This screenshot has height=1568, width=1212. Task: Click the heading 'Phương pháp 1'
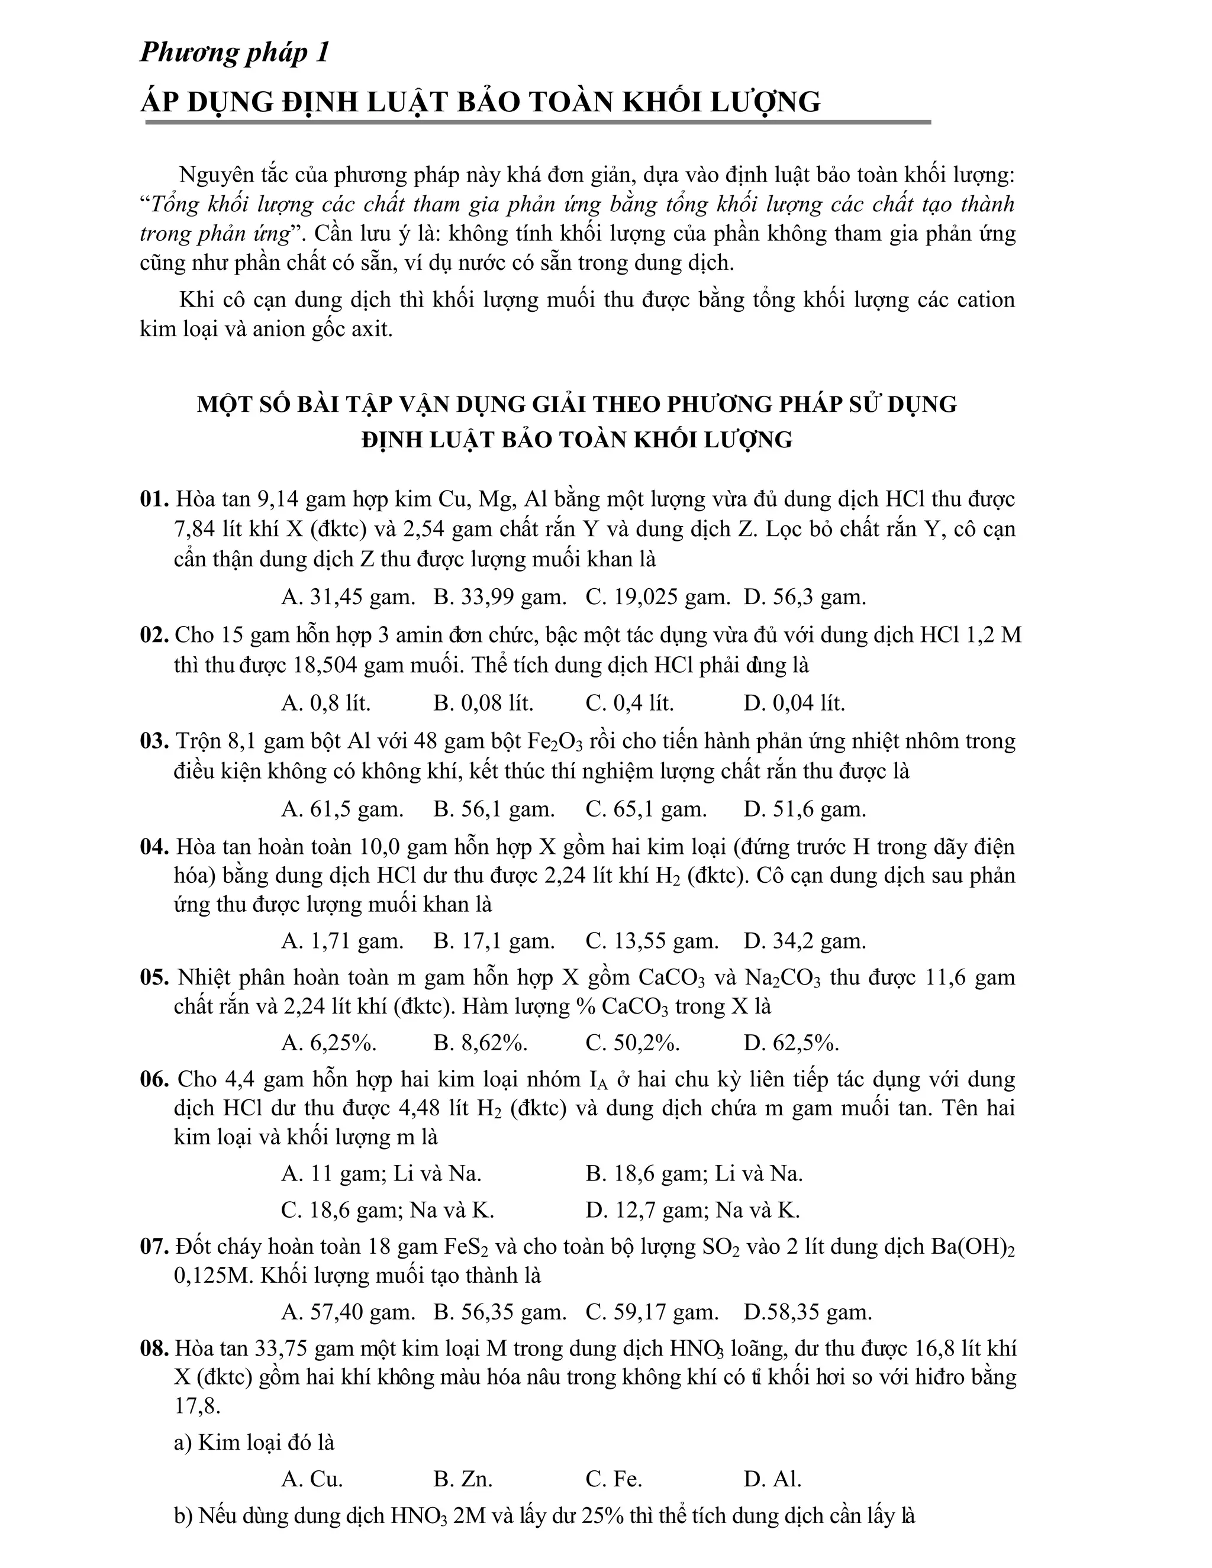pyautogui.click(x=234, y=53)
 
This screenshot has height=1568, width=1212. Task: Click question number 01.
pyautogui.click(x=154, y=499)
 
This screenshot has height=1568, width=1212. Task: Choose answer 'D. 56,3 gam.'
pyautogui.click(x=805, y=596)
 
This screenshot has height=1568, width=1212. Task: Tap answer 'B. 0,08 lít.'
pyautogui.click(x=483, y=703)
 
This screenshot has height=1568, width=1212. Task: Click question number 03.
pyautogui.click(x=154, y=741)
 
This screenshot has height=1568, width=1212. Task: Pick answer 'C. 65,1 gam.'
pyautogui.click(x=646, y=809)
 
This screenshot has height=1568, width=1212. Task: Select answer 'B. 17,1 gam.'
pyautogui.click(x=494, y=941)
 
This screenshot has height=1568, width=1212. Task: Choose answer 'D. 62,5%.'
pyautogui.click(x=791, y=1043)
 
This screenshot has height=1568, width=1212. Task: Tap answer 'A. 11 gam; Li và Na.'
pyautogui.click(x=381, y=1173)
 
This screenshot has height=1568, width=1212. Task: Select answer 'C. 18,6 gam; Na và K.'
pyautogui.click(x=388, y=1211)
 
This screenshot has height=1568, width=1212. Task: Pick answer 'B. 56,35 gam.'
pyautogui.click(x=499, y=1312)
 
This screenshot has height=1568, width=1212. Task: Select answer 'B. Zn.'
pyautogui.click(x=463, y=1479)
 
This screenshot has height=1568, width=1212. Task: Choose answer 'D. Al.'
pyautogui.click(x=772, y=1479)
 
